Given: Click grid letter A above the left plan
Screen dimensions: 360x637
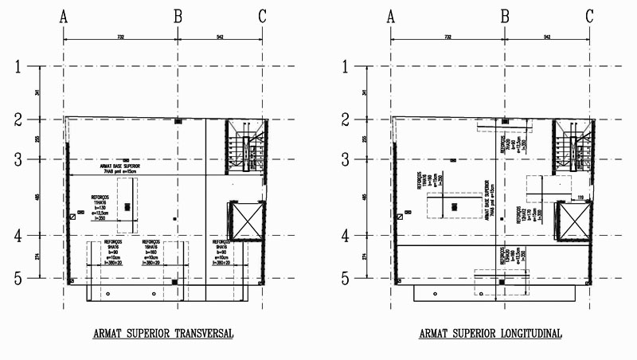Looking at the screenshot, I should point(63,15).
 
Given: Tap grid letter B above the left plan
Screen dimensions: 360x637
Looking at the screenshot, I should point(178,15).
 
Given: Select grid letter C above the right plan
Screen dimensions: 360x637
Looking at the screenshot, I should point(589,15).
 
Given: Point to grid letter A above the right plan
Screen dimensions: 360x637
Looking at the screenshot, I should point(390,15).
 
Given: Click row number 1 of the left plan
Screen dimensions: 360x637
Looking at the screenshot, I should point(18,67).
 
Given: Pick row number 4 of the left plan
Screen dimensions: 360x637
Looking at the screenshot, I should point(18,236).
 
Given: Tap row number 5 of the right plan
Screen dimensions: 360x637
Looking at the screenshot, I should point(345,278).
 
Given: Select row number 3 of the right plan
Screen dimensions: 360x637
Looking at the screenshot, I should point(345,159).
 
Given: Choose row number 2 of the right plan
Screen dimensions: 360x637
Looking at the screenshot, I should point(345,119).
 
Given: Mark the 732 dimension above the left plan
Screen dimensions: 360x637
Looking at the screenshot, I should point(119,37).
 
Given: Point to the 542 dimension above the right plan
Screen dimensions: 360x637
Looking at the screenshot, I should point(546,37).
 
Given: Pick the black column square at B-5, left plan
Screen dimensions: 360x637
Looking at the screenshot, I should point(174,281).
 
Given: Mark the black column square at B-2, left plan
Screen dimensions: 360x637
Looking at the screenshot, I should point(178,120).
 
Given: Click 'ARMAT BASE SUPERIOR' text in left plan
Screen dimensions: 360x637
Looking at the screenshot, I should point(120,167).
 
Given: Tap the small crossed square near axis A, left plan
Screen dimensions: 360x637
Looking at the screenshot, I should point(72,216).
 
